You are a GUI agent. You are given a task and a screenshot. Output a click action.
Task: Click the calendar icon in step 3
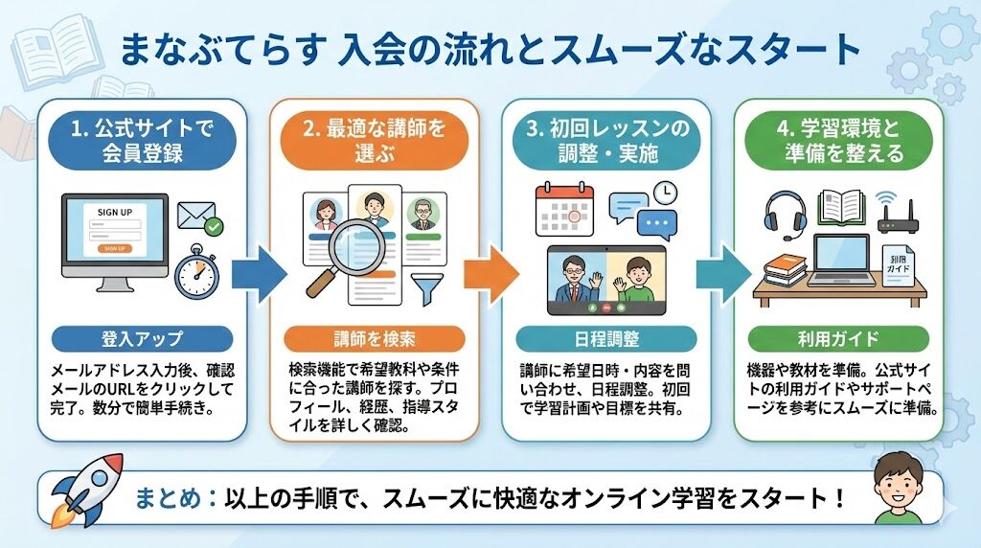564,210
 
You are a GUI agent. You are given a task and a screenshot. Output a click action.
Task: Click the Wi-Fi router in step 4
897,216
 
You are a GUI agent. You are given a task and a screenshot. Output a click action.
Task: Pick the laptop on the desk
842,259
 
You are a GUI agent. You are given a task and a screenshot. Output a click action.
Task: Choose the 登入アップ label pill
141,338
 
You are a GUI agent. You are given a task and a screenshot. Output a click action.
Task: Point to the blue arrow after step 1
260,273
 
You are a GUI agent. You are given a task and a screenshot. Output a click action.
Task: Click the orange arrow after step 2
491,273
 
